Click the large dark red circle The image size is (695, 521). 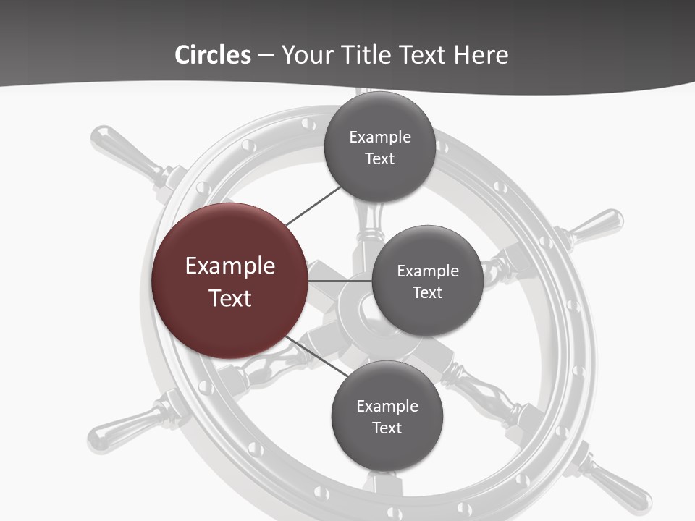229,281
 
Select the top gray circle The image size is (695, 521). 379,147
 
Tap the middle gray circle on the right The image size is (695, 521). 427,281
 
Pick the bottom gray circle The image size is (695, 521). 387,416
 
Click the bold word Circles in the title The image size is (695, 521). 213,55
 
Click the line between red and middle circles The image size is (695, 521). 340,281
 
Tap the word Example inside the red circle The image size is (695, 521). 229,266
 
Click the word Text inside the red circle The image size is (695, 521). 229,297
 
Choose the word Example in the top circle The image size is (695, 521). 379,137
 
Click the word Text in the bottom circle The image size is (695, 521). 387,428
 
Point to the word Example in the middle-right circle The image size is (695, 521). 427,271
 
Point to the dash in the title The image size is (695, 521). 266,56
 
